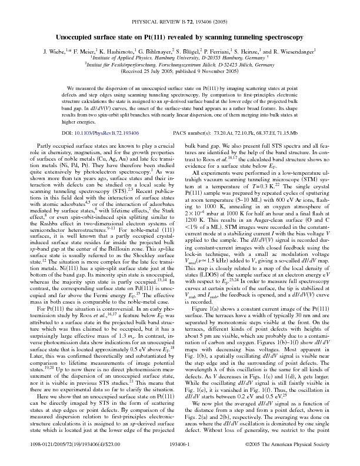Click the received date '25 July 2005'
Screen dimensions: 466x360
coord(153,55)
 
